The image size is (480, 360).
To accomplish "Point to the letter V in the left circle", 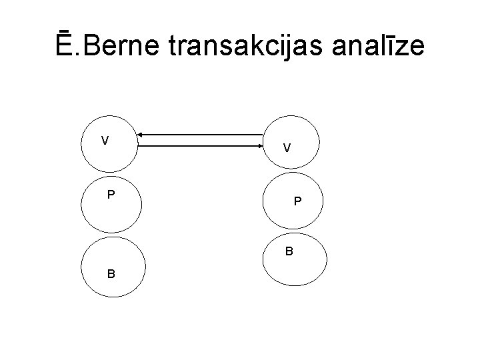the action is tap(105, 141).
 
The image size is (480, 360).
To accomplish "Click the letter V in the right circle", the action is tap(286, 148).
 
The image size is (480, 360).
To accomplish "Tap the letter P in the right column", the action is tap(297, 201).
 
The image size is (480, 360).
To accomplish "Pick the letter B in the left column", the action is tap(111, 273).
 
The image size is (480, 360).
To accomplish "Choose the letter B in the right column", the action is tap(289, 251).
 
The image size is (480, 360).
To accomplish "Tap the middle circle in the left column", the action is tap(111, 207).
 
